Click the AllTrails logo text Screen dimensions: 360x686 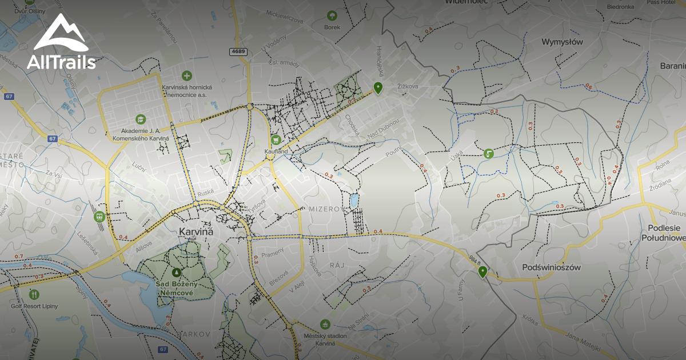(x=61, y=62)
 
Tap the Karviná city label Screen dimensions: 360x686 (x=196, y=232)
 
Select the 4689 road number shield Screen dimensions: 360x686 (x=238, y=51)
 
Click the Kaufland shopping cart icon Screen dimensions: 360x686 (x=276, y=139)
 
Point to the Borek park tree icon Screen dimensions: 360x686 (x=332, y=15)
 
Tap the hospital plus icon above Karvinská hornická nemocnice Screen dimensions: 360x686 (x=186, y=75)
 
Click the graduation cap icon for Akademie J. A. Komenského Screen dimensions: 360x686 (x=141, y=119)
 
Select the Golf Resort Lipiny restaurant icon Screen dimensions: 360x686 (x=34, y=294)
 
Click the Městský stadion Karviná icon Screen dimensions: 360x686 (x=325, y=324)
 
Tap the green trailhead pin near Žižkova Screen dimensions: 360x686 (x=377, y=87)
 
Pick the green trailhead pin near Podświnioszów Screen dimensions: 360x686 (x=483, y=271)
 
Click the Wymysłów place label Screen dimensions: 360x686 (x=562, y=42)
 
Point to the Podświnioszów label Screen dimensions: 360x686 (x=552, y=267)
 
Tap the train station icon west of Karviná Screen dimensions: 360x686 (x=99, y=217)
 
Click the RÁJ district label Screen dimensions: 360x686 (x=334, y=266)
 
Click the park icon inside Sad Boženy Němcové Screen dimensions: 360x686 (x=176, y=272)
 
